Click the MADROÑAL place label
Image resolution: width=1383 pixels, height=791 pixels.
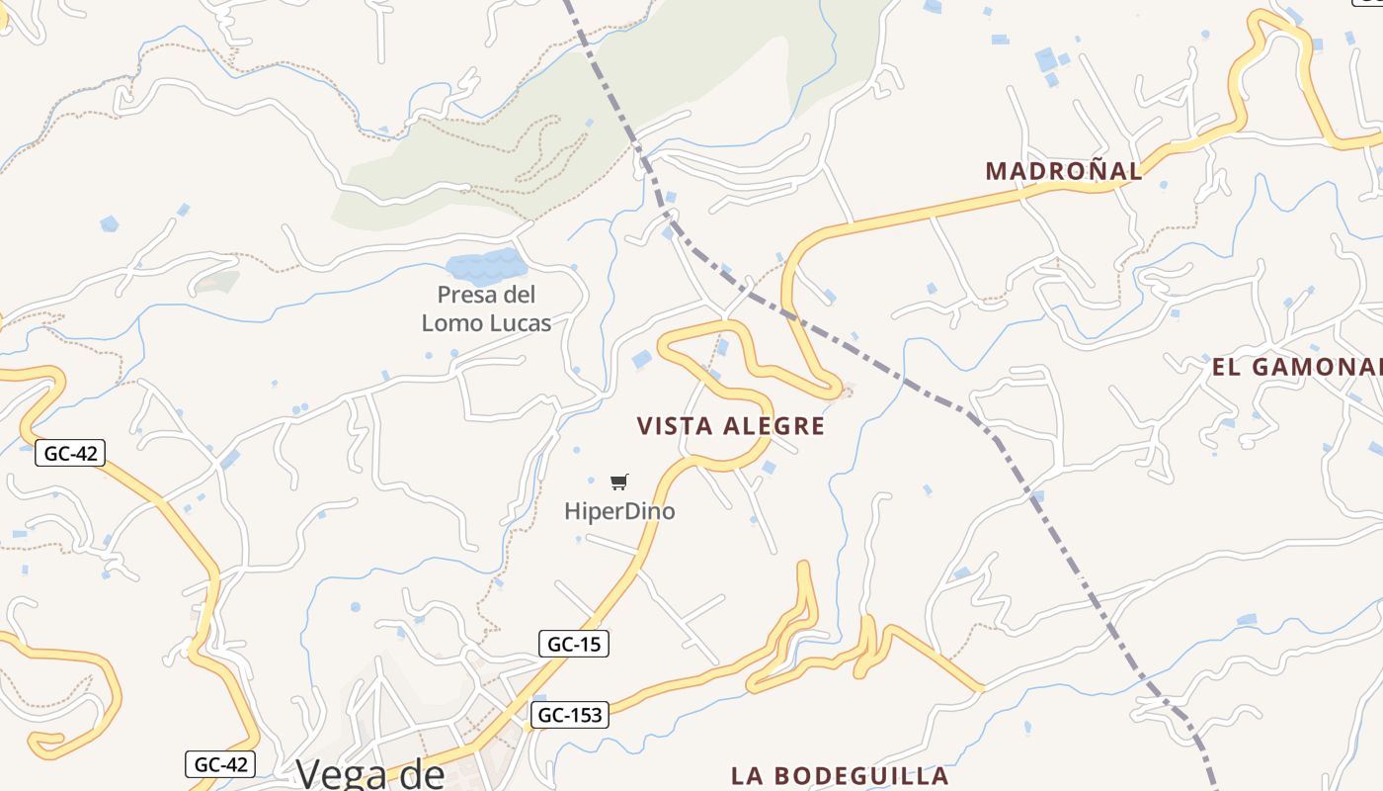coord(1063,170)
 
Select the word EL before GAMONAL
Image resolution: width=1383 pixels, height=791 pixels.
coord(1226,368)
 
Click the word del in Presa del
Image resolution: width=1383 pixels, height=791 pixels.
coord(517,295)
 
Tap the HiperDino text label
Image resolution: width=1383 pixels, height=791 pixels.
coord(619,511)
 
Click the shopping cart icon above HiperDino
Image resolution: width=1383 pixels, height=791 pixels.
coord(618,483)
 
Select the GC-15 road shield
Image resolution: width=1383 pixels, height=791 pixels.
coord(574,644)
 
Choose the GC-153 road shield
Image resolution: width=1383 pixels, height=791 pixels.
coord(569,715)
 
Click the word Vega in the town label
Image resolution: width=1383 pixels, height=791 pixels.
coord(342,774)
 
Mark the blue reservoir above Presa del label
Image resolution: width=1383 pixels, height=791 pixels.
coord(484,266)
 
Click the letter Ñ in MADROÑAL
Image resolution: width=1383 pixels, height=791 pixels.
coord(1089,169)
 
